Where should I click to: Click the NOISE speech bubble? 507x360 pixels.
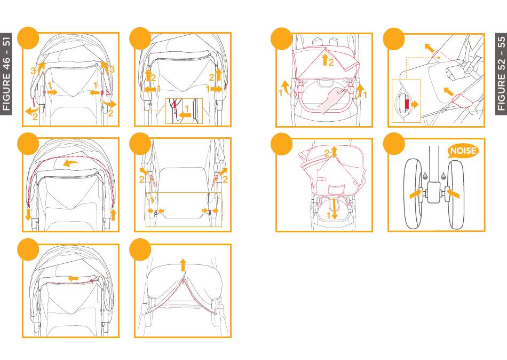463,151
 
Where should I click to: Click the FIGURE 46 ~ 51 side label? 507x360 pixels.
6,74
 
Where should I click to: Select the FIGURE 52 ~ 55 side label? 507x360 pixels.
501,74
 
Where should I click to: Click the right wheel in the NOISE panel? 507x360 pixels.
456,193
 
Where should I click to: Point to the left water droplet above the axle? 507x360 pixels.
425,177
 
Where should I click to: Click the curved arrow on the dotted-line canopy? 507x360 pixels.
71,162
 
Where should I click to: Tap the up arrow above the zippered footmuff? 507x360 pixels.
183,264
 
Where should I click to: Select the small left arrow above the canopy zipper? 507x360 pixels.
74,278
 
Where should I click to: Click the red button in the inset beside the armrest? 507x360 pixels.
407,104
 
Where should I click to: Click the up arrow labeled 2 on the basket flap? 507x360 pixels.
325,60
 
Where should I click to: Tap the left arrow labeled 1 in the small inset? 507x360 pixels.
185,115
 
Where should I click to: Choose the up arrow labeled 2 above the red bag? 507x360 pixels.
334,152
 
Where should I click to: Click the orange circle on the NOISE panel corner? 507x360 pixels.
394,144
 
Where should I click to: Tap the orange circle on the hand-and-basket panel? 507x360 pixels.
282,38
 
